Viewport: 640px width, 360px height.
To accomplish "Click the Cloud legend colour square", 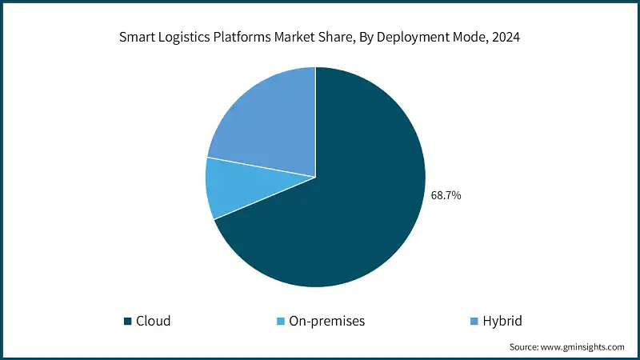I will pyautogui.click(x=127, y=322).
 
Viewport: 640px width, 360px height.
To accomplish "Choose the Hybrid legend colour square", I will pyautogui.click(x=474, y=322).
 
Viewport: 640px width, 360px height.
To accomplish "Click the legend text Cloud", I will pyautogui.click(x=153, y=322).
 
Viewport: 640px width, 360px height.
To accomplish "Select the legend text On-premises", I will pyautogui.click(x=327, y=322).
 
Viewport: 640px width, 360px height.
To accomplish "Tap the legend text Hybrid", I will pyautogui.click(x=504, y=322).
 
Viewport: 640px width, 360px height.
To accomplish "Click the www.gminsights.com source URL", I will pyautogui.click(x=582, y=347).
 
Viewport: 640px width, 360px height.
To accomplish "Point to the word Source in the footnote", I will pyautogui.click(x=525, y=347).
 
